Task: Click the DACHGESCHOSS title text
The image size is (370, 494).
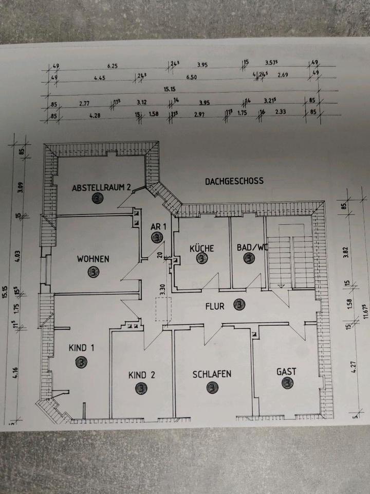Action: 234,181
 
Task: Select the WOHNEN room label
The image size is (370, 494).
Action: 93,259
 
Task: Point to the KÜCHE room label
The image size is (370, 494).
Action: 201,248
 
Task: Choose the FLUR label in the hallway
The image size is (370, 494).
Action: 214,306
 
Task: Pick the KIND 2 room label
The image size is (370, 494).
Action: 141,375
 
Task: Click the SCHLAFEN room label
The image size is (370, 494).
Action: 212,374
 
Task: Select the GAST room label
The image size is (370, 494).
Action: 286,371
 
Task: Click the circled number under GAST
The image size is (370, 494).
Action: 286,383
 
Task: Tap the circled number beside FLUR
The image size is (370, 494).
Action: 239,306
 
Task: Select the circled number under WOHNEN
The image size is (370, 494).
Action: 94,271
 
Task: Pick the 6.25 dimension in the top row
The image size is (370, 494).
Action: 113,66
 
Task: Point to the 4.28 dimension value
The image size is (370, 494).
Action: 94,115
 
